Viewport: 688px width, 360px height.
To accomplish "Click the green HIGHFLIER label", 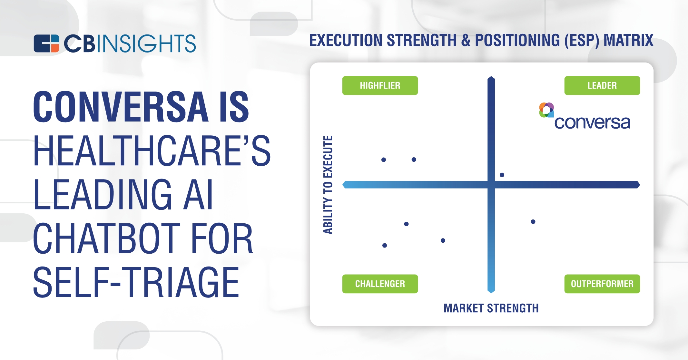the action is pos(380,85).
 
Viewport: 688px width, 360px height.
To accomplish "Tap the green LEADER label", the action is pos(602,85).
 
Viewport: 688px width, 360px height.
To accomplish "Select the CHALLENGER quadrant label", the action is pos(380,284).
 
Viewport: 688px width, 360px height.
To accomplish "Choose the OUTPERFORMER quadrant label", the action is pos(602,284).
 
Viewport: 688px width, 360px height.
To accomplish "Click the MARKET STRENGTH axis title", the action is pos(491,308).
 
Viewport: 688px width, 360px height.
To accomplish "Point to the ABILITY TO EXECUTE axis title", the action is pos(328,185).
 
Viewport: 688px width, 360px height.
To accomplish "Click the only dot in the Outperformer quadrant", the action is pos(533,222).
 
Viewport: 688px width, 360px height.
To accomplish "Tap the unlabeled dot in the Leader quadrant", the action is pos(502,175).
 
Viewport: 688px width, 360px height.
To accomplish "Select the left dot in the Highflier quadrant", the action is pos(384,160).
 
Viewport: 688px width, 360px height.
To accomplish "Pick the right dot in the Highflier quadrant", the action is pos(414,160).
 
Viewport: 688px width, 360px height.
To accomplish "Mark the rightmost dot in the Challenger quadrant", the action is pos(443,240).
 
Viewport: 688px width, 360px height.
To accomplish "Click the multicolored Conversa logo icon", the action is pos(546,110).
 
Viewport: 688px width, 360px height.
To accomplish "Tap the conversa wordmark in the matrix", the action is pos(592,122).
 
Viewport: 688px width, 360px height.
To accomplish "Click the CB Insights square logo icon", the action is pos(46,43).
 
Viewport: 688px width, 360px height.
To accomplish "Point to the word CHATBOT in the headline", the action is pos(108,238).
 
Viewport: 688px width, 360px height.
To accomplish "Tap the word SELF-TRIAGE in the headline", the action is pos(136,282).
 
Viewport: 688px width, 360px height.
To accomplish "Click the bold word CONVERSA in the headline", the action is pos(121,107).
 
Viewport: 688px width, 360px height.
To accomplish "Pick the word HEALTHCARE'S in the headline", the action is pos(152,151).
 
